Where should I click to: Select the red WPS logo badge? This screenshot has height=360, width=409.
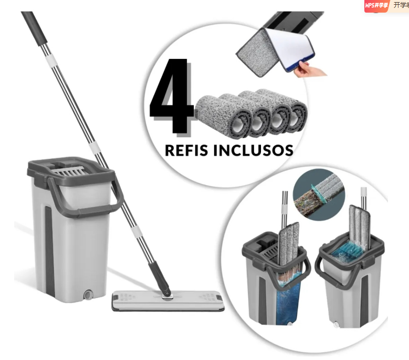click(376, 6)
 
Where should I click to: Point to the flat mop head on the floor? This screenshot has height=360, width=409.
click(167, 302)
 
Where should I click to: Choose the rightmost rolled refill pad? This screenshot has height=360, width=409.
click(295, 112)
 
